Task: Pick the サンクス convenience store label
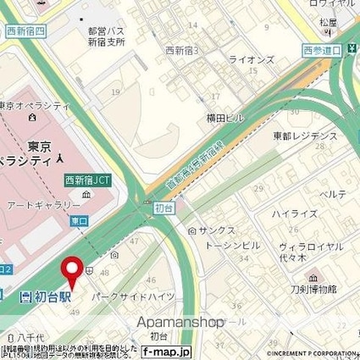pos(217,230)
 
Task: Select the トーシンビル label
pos(229,245)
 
